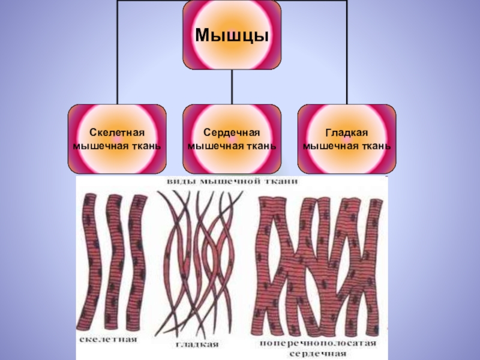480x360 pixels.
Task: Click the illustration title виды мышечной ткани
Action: click(x=232, y=181)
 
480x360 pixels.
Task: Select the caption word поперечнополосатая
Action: click(x=318, y=343)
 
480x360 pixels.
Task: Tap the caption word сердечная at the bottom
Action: click(x=318, y=353)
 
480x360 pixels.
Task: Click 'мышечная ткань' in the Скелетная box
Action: click(x=118, y=145)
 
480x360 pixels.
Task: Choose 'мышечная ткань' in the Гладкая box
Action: click(x=347, y=145)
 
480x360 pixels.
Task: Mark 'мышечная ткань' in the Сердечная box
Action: click(x=232, y=145)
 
